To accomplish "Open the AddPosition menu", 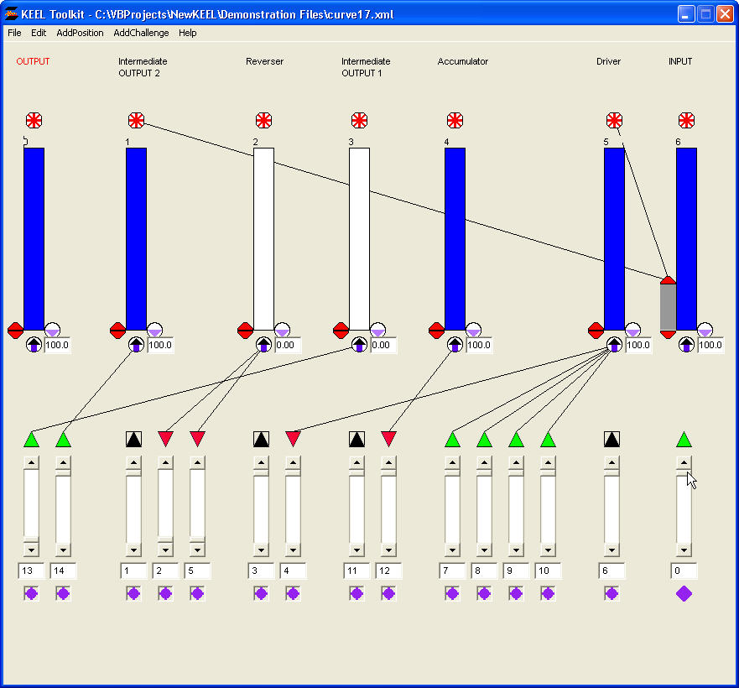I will (80, 33).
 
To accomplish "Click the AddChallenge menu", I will (141, 33).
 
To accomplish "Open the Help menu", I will (187, 33).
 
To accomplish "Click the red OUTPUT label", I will (33, 61).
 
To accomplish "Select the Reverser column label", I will (264, 61).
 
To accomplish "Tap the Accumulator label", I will (462, 61).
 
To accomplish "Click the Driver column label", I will (608, 61).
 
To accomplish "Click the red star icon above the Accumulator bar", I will (455, 120).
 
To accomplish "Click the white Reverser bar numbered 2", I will (263, 238).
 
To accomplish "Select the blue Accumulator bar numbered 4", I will (455, 238).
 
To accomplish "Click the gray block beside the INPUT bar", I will (668, 307).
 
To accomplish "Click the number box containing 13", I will (31, 571).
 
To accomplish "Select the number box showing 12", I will (388, 571).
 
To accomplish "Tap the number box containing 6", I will (611, 571).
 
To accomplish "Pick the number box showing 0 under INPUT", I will (684, 571).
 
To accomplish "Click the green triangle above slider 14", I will (63, 439).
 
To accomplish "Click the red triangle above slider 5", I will (197, 438).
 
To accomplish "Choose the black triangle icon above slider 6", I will (611, 439).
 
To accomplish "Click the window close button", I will (724, 13).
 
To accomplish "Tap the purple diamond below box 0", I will (684, 593).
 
